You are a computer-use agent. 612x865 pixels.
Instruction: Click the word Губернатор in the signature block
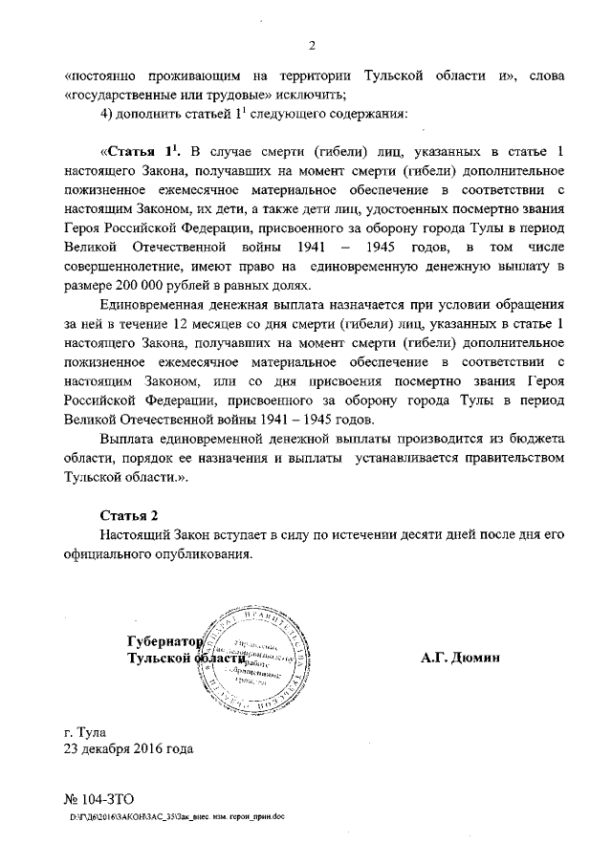point(165,640)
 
